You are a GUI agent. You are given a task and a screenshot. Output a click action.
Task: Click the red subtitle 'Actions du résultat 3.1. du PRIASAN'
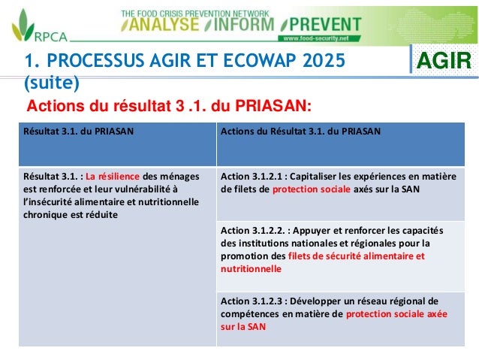pos(168,104)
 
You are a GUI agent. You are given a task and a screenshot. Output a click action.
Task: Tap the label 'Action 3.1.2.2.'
pos(257,230)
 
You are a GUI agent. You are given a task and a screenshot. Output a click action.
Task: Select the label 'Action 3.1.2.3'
pos(256,301)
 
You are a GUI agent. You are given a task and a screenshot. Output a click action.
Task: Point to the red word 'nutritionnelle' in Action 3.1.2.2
pos(251,269)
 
